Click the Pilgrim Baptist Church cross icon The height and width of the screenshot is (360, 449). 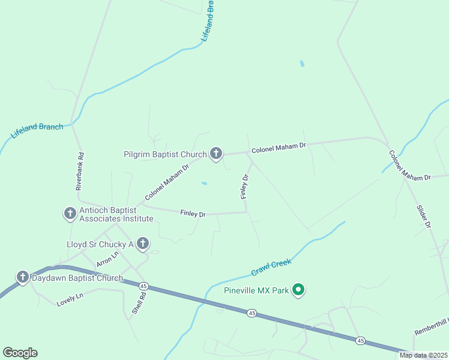(x=215, y=154)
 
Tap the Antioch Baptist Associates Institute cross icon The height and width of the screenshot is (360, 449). (x=70, y=213)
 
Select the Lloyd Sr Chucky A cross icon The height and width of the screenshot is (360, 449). (x=142, y=244)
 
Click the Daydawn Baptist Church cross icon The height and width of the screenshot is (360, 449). (x=22, y=277)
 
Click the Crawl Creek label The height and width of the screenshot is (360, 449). (x=271, y=267)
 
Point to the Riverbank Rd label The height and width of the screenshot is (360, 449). (x=79, y=171)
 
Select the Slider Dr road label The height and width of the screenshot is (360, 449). (x=424, y=216)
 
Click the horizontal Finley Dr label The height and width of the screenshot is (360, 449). (x=193, y=213)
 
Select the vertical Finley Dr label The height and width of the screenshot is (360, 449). (x=244, y=187)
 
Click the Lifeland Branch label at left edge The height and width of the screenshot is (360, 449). (x=37, y=130)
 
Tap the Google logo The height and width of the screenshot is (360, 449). (x=20, y=353)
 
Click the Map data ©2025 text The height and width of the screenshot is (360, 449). (x=423, y=355)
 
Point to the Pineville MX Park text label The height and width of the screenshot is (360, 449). (x=256, y=291)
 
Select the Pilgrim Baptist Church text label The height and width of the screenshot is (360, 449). (x=165, y=154)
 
